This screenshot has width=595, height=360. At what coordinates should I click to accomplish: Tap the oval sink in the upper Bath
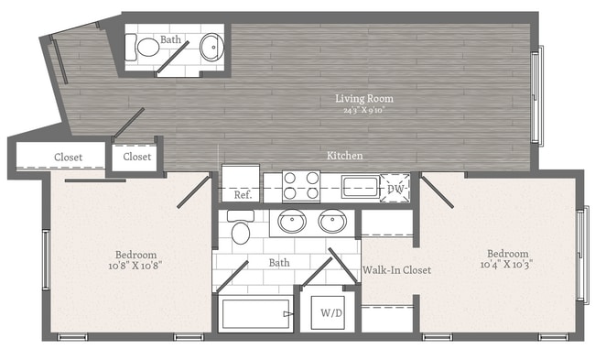tap(211, 46)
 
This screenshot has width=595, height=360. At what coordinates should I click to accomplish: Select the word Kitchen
tap(345, 156)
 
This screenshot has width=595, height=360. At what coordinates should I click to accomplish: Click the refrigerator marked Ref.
tap(242, 183)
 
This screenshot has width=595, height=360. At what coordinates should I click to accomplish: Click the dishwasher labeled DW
tap(396, 188)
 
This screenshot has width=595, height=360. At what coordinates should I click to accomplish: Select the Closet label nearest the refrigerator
tap(137, 157)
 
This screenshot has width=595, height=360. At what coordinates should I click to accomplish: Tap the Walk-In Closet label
tap(396, 270)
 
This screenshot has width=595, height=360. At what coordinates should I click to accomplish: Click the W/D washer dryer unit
tap(330, 312)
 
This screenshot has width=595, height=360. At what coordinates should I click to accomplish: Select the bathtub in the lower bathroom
tap(256, 314)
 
